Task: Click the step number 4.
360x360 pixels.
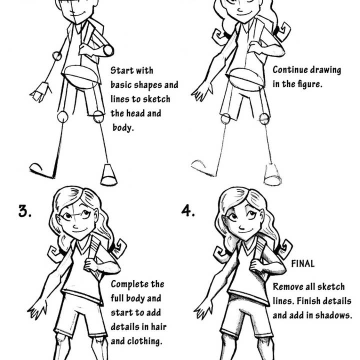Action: tap(187, 210)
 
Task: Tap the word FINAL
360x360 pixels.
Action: tap(303, 263)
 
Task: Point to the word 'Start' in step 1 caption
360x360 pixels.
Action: tap(121, 70)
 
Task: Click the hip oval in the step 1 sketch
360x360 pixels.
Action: tap(81, 76)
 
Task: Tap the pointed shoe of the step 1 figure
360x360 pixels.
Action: tap(42, 170)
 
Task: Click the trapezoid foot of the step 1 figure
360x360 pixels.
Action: tap(108, 175)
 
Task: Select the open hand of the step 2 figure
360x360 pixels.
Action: tap(202, 91)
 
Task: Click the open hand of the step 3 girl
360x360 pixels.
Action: tap(38, 308)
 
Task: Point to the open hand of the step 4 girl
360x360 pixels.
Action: tap(203, 308)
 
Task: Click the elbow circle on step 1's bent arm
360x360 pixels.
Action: tap(107, 50)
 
